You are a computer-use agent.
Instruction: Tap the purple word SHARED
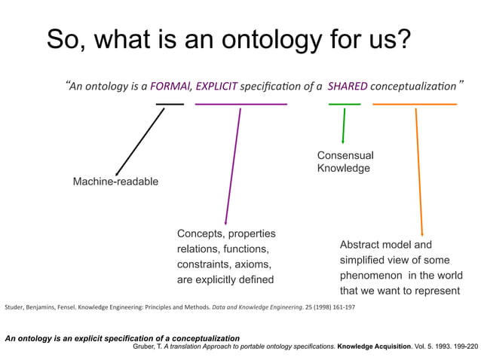point(346,86)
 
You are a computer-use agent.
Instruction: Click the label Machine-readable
point(115,182)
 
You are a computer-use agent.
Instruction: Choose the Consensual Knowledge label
point(345,162)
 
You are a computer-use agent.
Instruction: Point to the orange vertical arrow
point(419,169)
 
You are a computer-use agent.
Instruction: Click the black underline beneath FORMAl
point(170,103)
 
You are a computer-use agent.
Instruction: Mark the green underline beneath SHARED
point(345,103)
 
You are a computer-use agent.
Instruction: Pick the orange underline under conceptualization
point(415,103)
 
